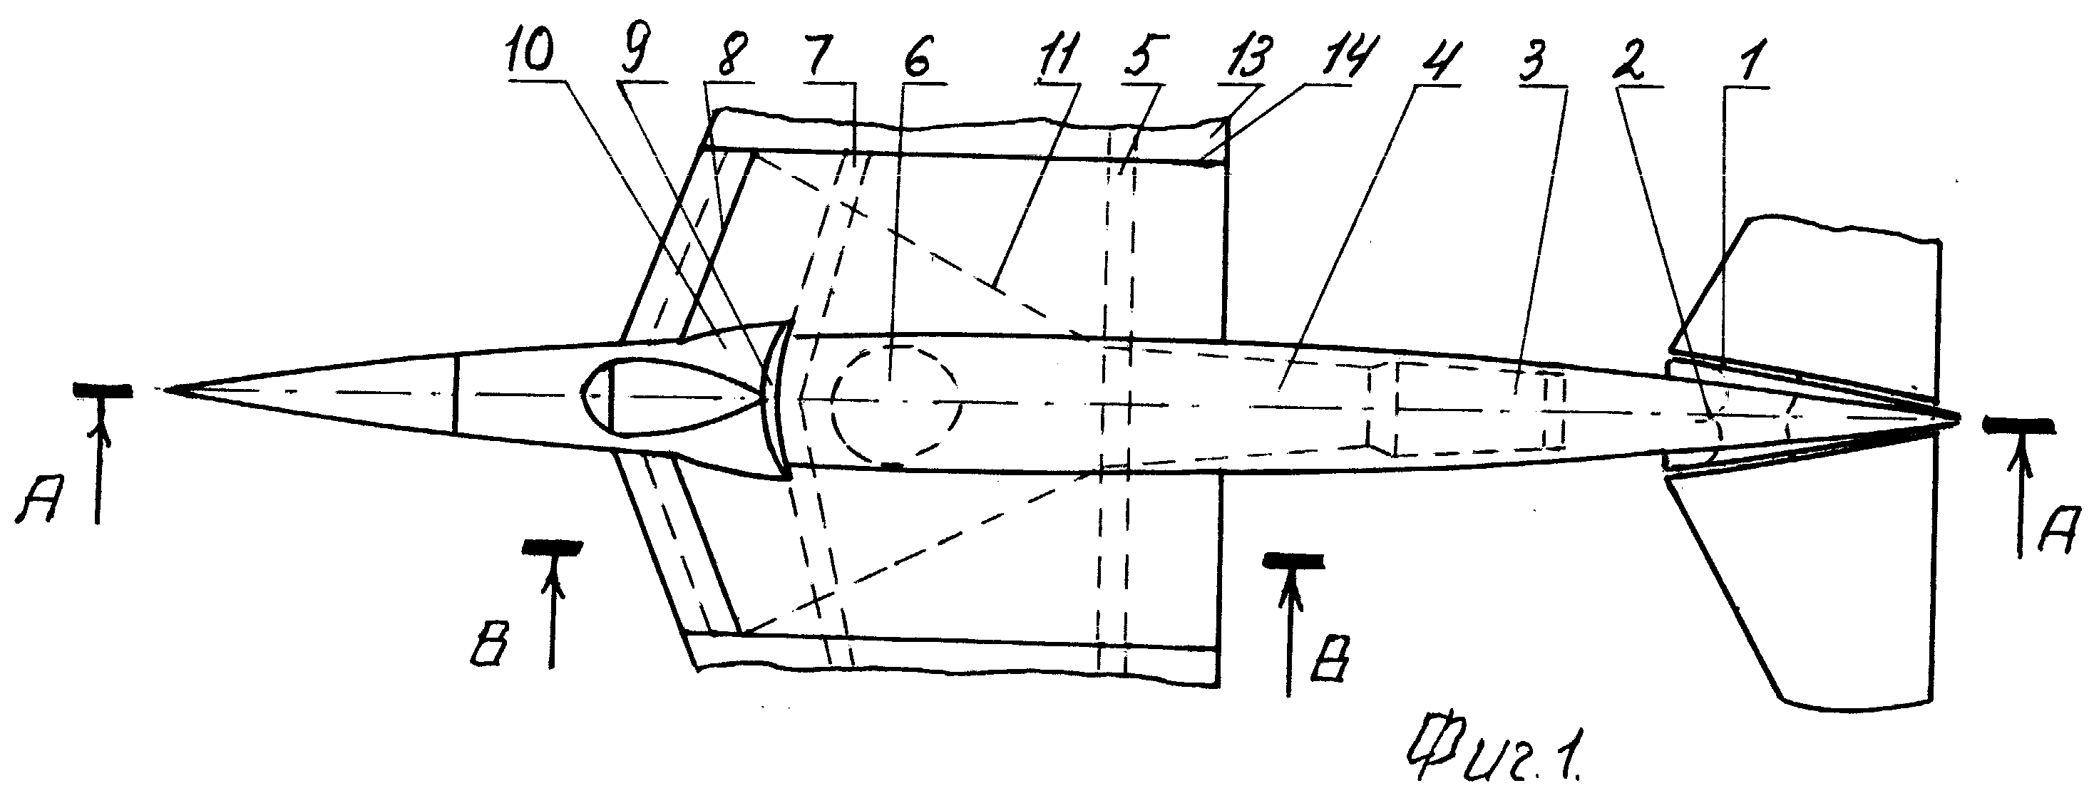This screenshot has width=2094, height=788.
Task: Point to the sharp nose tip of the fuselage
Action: tap(169, 390)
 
